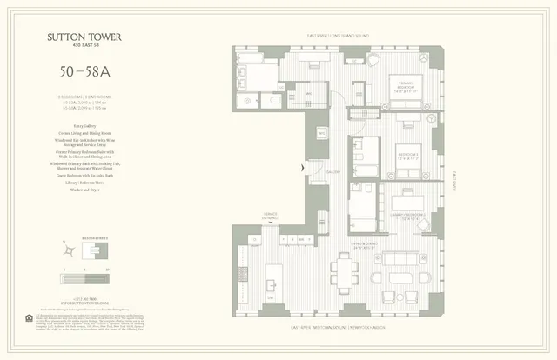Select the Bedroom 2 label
[x=408, y=157]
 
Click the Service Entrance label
[x=271, y=217]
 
